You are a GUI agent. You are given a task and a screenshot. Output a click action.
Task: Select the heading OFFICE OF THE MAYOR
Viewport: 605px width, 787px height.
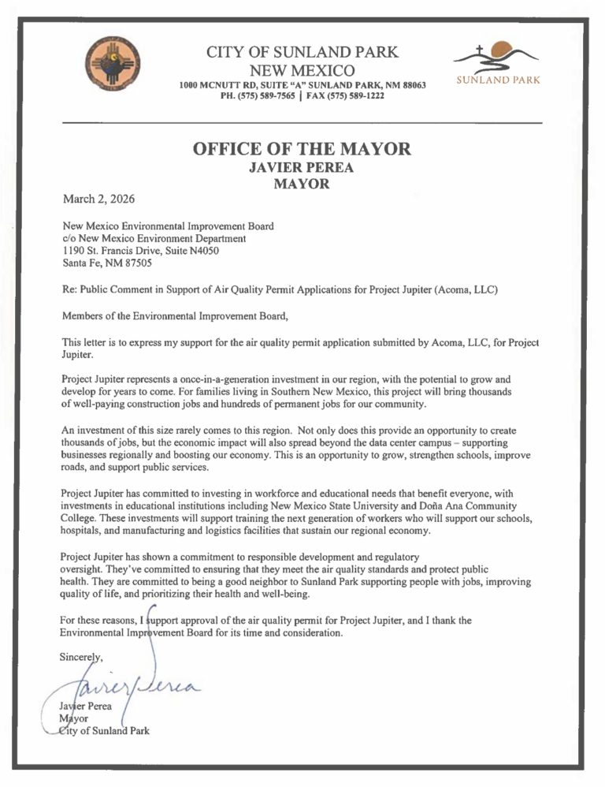click(302, 147)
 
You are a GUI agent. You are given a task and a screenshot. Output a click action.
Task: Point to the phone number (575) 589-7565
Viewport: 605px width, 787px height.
click(263, 96)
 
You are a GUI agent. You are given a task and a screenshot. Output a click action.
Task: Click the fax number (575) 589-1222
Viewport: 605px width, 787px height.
click(362, 96)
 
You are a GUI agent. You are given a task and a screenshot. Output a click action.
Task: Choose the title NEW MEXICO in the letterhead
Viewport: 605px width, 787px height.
click(302, 72)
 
